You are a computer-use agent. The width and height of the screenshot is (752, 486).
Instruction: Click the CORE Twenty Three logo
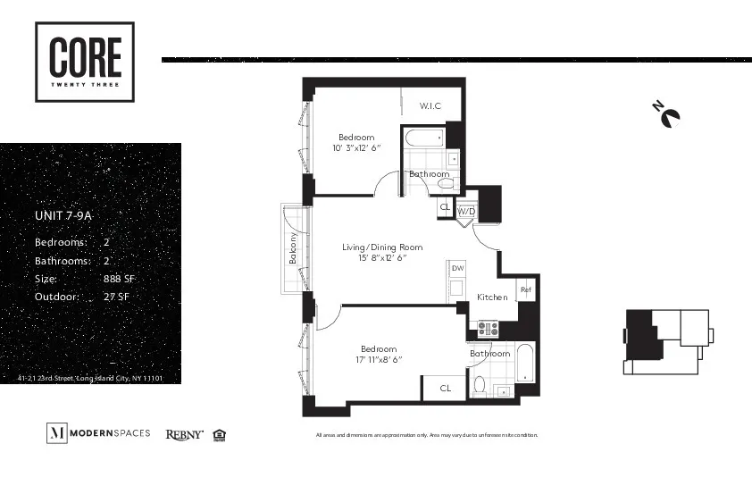(85, 62)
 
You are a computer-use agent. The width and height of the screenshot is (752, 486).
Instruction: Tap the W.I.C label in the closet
(430, 106)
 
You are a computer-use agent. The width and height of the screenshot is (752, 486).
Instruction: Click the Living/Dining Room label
(382, 247)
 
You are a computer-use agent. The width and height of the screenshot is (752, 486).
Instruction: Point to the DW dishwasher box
(457, 268)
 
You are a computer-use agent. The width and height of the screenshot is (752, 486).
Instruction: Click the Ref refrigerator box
(526, 289)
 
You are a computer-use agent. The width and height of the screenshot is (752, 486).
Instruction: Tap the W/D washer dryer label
(466, 212)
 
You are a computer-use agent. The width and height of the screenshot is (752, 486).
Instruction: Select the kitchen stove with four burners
(488, 329)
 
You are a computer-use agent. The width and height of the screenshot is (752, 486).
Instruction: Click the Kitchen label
(492, 297)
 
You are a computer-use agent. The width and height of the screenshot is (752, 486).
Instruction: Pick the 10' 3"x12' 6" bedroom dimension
(356, 147)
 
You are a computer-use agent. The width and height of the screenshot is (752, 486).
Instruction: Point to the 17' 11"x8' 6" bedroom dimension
(379, 359)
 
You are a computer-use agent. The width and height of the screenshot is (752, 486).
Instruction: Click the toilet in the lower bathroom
(480, 385)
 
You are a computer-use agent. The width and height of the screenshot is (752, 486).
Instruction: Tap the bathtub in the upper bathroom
(423, 138)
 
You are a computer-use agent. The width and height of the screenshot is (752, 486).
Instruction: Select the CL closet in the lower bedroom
(445, 388)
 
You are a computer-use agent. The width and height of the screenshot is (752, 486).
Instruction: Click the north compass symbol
(667, 115)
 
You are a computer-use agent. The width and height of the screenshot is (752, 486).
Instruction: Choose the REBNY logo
(184, 435)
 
